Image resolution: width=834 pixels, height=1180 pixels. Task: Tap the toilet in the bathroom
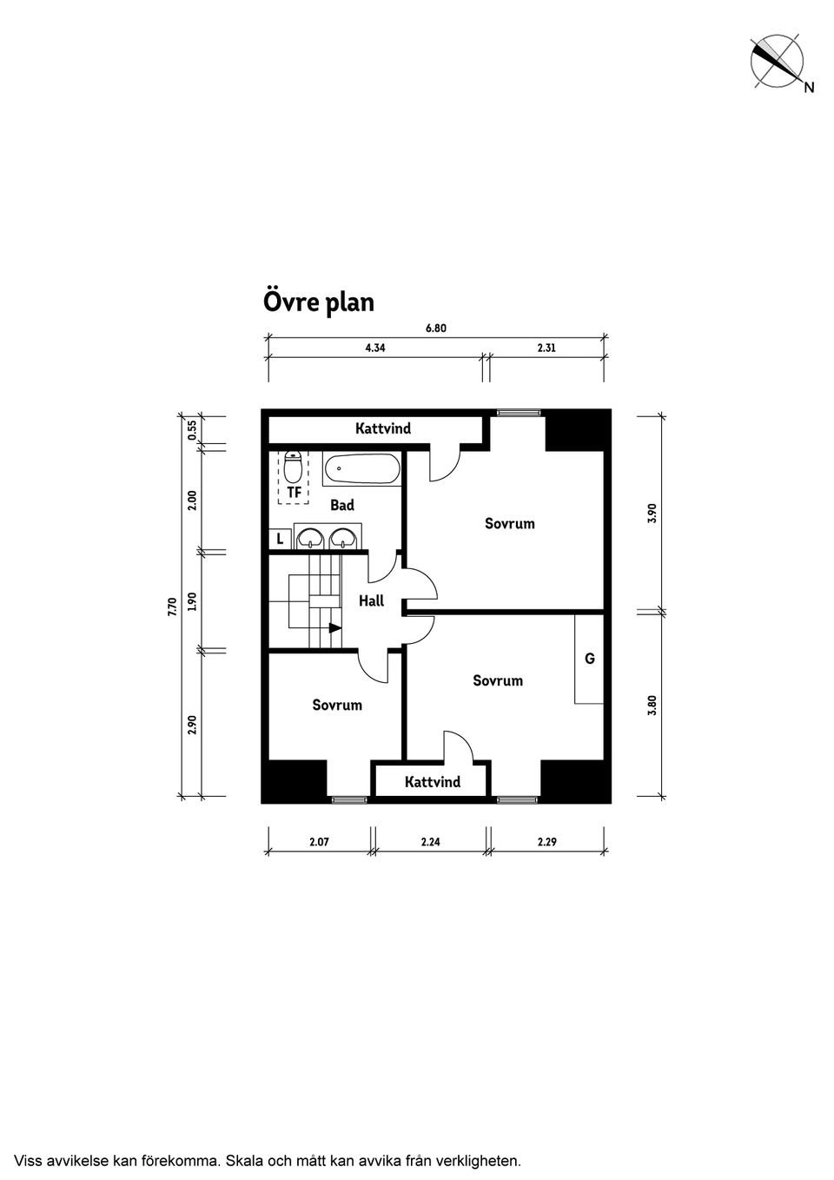coord(292,467)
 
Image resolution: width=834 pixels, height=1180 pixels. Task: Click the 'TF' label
coord(294,493)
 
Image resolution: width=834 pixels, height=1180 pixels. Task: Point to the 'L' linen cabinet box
coord(280,539)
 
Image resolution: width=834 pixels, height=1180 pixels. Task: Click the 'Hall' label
coord(371,600)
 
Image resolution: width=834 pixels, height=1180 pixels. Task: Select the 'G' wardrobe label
coord(590,658)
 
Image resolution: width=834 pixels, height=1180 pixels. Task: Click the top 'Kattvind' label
coord(383,428)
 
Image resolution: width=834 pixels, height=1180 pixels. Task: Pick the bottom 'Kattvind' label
coord(433,782)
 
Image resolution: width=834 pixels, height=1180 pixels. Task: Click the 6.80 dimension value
coord(436,328)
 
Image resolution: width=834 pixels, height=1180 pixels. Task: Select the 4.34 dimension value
coord(375,348)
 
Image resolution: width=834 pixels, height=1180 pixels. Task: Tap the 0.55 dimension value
coord(192,430)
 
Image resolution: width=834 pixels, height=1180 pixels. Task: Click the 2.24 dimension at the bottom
coord(430,842)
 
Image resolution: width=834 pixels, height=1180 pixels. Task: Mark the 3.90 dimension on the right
coord(652,513)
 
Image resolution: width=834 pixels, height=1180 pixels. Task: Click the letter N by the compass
coord(809,88)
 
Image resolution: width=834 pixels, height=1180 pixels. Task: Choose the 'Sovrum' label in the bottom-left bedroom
coord(337,705)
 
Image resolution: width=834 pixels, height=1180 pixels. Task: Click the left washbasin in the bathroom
coord(311,539)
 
